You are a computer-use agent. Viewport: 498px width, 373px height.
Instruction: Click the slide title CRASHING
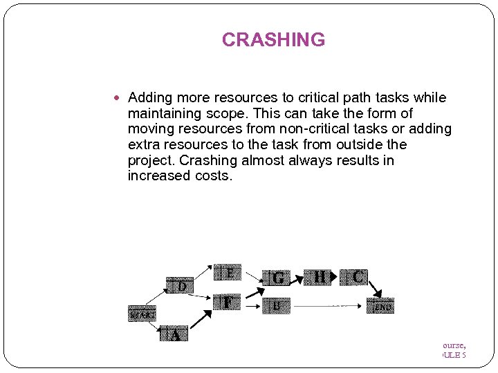pos(273,40)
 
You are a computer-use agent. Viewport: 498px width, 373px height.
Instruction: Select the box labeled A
pos(174,335)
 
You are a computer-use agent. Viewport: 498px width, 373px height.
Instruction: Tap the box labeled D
pos(180,285)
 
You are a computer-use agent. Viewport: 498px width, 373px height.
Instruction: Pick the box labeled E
pos(228,273)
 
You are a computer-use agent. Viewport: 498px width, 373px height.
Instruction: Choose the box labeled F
pos(228,303)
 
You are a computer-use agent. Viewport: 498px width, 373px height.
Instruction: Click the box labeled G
pos(277,278)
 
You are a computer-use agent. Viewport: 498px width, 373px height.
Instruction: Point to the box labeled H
pos(320,277)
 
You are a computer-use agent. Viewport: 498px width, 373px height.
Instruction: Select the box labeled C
pos(358,277)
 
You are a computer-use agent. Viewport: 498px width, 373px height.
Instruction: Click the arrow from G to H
pos(298,278)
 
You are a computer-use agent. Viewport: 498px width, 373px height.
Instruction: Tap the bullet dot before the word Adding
pos(120,98)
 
